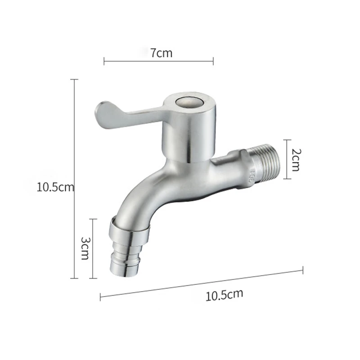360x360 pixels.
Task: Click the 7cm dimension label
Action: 161,53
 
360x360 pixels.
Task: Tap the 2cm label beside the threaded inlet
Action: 295,159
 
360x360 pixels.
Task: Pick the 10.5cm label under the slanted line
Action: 224,295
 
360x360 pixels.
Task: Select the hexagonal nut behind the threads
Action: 246,169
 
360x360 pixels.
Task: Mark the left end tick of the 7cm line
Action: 104,61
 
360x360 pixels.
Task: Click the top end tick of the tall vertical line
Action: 74,80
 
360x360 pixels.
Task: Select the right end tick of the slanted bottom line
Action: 302,270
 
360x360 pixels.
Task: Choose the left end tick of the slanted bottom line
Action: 100,296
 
